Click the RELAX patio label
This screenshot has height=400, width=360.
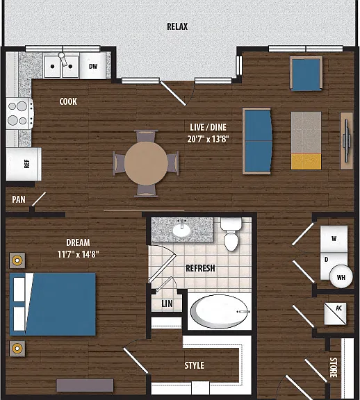[x=177, y=26]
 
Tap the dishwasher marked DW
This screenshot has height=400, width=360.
[x=92, y=65]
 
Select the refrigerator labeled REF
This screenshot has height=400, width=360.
[x=24, y=164]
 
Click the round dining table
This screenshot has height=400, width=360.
[x=146, y=163]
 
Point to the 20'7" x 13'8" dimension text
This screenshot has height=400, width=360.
[x=208, y=140]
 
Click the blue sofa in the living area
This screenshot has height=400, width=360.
[x=257, y=141]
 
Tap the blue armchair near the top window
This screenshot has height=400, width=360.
[x=306, y=74]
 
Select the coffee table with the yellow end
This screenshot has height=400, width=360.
[x=306, y=140]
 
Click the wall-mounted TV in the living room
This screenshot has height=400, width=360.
[x=347, y=140]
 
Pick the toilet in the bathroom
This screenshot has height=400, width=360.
[x=231, y=233]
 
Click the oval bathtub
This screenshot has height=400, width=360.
[x=220, y=312]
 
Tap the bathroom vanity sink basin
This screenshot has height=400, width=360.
[x=181, y=230]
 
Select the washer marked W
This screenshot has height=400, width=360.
[x=334, y=239]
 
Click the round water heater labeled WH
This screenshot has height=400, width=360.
[x=341, y=277]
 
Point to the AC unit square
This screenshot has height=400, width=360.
[x=335, y=314]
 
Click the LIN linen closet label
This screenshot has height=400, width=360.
[x=167, y=303]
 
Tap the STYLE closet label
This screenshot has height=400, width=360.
[x=195, y=365]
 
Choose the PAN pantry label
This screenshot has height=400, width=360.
[x=19, y=199]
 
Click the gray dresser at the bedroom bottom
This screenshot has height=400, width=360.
[x=85, y=385]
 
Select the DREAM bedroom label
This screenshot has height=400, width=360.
[x=78, y=242]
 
